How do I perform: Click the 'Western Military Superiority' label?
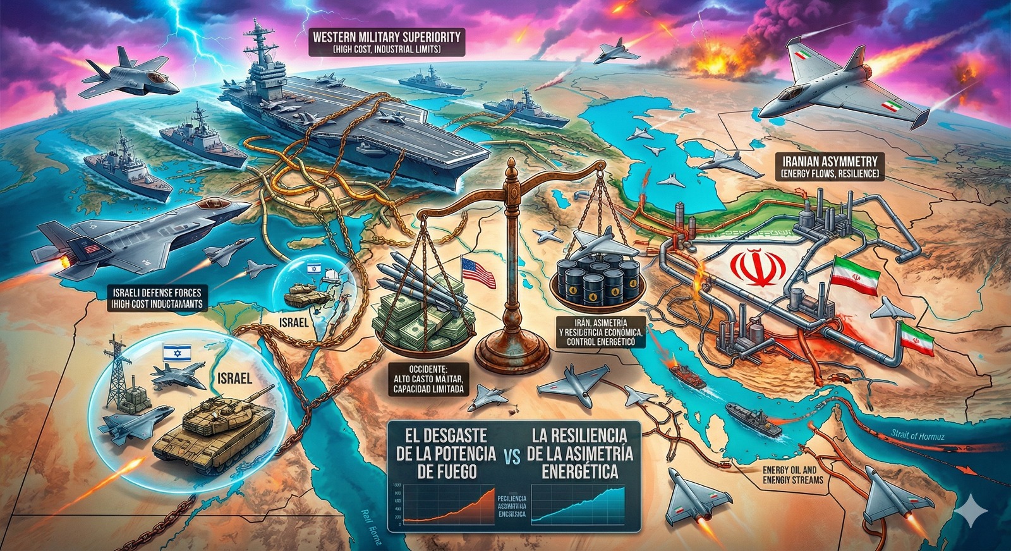coord(387,41)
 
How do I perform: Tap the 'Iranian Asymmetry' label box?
coord(829,167)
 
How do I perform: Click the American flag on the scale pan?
coord(478,272)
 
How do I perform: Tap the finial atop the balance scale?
coord(512,168)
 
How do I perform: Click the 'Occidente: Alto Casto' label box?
coord(428,379)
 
